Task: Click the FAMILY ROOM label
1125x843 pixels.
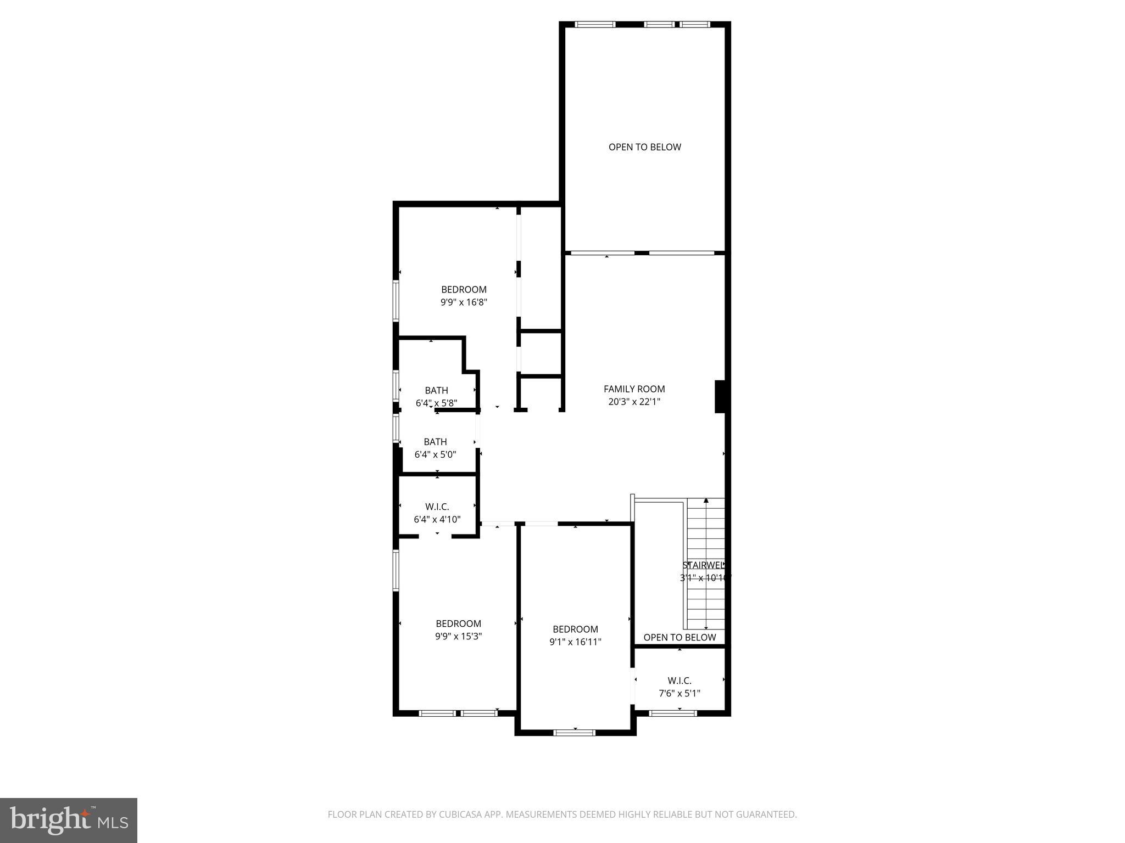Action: tap(634, 389)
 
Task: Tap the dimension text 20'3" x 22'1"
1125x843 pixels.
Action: tap(634, 402)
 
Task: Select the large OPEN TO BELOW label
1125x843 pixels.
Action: tap(644, 147)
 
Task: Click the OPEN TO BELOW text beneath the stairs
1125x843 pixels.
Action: tap(680, 637)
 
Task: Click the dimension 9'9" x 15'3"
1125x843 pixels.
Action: tap(458, 637)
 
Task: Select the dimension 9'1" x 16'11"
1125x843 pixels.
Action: tap(575, 642)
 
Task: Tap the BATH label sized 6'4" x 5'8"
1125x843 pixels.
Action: tap(436, 390)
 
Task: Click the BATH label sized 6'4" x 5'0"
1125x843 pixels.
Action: tap(435, 442)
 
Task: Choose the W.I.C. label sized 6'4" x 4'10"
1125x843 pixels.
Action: tap(437, 507)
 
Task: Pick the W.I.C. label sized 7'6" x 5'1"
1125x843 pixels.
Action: tap(680, 681)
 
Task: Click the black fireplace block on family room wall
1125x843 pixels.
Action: tap(720, 396)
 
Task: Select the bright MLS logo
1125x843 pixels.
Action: tap(69, 820)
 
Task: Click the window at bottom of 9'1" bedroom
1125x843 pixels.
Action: tap(574, 732)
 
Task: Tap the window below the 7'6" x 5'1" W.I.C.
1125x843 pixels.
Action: tap(673, 713)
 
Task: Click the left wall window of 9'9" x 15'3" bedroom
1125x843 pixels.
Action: tap(396, 570)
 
